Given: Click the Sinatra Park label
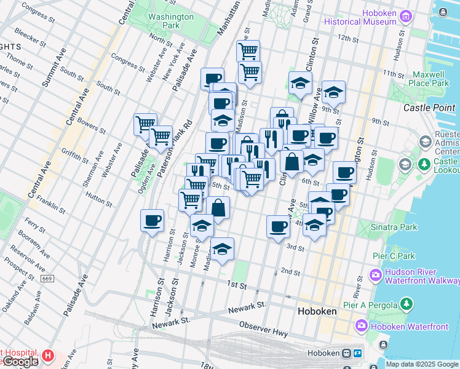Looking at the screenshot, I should [394, 227].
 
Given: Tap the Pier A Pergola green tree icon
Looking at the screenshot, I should [405, 304].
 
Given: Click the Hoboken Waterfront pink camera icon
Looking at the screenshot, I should [362, 325].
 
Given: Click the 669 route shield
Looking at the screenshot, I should [47, 279].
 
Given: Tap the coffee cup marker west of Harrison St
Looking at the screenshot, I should [152, 220].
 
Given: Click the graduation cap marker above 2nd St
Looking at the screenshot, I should [222, 249].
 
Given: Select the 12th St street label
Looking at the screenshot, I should [347, 39].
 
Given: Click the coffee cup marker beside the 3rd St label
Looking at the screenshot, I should [278, 226].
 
